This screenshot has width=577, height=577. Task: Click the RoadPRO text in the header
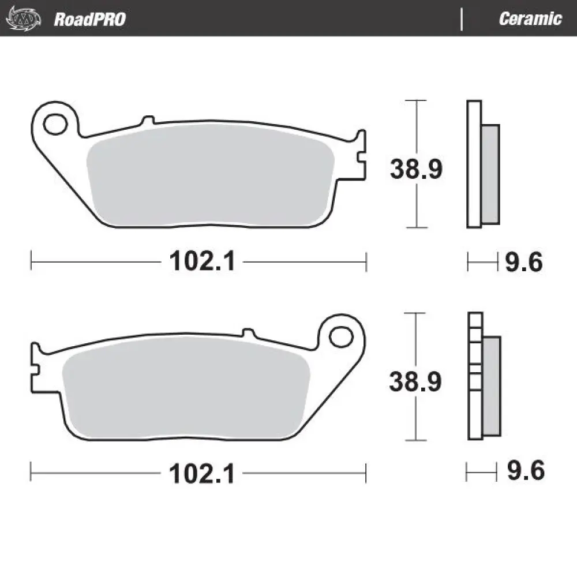click(89, 19)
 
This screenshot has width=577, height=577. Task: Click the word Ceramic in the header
click(530, 19)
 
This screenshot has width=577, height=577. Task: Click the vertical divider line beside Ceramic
click(462, 19)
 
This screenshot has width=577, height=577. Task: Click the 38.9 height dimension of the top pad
click(416, 169)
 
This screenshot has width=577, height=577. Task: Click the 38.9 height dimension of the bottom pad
click(416, 381)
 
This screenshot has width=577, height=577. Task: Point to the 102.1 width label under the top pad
click(202, 263)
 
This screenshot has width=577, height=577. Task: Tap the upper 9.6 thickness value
click(524, 263)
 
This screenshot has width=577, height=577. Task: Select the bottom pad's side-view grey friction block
click(492, 385)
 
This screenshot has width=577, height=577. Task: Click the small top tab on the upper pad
click(148, 121)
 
